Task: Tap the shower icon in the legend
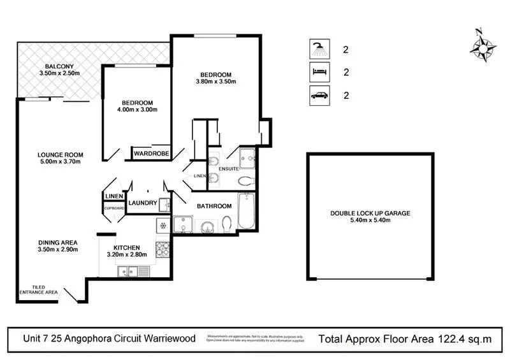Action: [x=317, y=49]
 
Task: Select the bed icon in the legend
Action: [x=317, y=72]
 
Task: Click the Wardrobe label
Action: [x=151, y=154]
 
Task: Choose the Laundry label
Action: [x=142, y=203]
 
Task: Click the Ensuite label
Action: [x=229, y=169]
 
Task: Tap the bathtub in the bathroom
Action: [x=245, y=213]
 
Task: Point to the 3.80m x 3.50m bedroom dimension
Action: [x=215, y=82]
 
